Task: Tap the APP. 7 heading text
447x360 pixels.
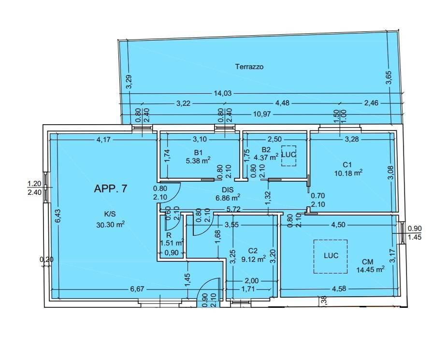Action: click(110, 188)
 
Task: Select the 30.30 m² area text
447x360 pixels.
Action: click(111, 225)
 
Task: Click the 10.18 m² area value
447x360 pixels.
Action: click(348, 173)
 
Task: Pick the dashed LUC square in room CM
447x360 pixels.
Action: click(331, 257)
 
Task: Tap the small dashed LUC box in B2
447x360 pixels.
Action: click(289, 156)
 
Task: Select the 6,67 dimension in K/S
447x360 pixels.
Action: click(137, 289)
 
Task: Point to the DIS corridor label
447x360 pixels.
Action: click(228, 190)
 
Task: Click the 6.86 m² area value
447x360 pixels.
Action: click(228, 197)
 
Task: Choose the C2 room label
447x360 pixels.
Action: click(253, 251)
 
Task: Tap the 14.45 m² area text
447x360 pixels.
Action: click(370, 269)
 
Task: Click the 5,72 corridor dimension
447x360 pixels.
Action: click(233, 210)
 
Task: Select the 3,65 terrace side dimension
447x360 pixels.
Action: click(389, 77)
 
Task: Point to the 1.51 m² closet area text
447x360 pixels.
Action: click(172, 243)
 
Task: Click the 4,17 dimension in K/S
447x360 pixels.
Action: click(103, 140)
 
